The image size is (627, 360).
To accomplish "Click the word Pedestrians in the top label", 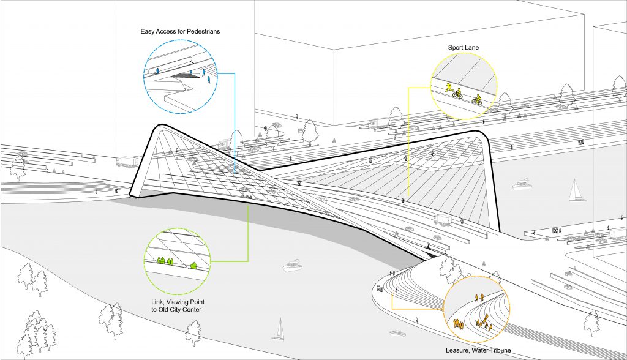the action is click(x=203, y=31).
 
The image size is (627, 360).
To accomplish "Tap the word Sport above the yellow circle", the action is click(x=456, y=48).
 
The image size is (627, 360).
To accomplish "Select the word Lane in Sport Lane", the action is click(x=472, y=48).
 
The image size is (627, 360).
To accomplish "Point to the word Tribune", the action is click(x=500, y=350).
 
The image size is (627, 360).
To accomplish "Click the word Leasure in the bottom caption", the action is click(x=457, y=350).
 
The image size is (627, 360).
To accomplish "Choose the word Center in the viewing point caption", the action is click(x=192, y=310).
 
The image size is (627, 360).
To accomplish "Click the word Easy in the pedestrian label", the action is click(x=147, y=31).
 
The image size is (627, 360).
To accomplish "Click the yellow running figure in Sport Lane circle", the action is click(x=449, y=88).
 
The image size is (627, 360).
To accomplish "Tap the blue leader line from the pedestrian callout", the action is click(x=235, y=122).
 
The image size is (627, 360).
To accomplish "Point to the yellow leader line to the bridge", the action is click(x=408, y=143).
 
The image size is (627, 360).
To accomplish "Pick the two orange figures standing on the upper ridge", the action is click(x=479, y=297).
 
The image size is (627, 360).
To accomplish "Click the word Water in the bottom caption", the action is click(x=479, y=350).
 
